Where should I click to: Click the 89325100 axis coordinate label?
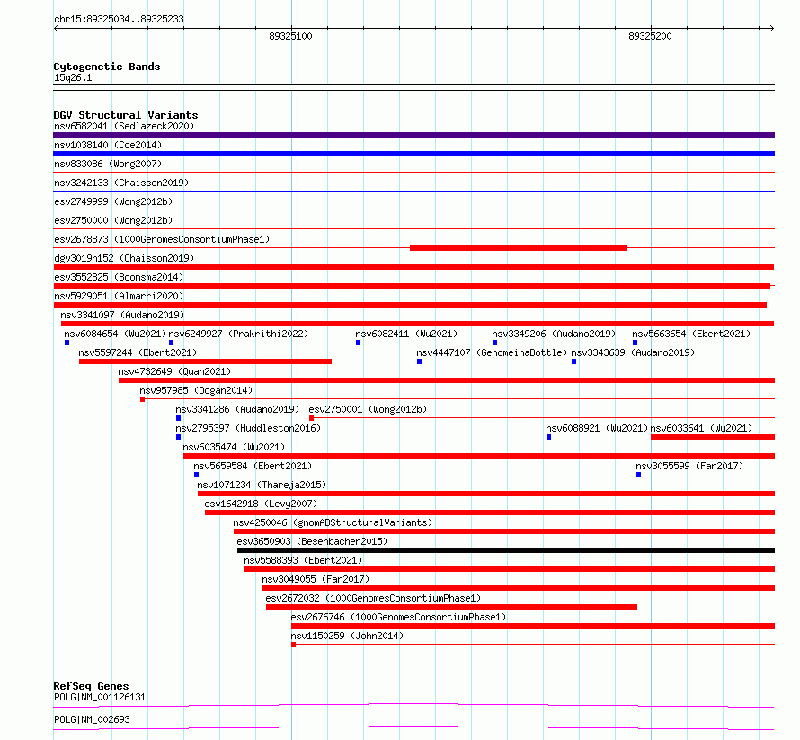pyautogui.click(x=290, y=36)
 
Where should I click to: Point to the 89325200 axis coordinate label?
pyautogui.click(x=650, y=36)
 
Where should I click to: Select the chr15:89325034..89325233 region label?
pyautogui.click(x=119, y=20)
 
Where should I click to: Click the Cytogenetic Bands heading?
pyautogui.click(x=107, y=67)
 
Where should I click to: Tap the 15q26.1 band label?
pyautogui.click(x=73, y=77)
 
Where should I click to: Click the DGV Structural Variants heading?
pyautogui.click(x=126, y=115)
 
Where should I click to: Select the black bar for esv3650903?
pyautogui.click(x=506, y=550)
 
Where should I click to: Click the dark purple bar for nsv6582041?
pyautogui.click(x=413, y=135)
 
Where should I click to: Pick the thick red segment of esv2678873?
pyautogui.click(x=518, y=248)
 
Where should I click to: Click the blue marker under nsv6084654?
pyautogui.click(x=67, y=343)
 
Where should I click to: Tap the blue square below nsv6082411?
pyautogui.click(x=358, y=343)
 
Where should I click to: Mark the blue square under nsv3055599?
pyautogui.click(x=638, y=475)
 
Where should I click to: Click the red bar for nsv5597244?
pyautogui.click(x=205, y=361)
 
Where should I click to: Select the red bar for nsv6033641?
pyautogui.click(x=713, y=437)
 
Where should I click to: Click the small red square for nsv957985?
pyautogui.click(x=142, y=399)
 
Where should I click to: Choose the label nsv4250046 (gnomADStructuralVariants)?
pyautogui.click(x=333, y=522)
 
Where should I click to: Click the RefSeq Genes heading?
pyautogui.click(x=92, y=686)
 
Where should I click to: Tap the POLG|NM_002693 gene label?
pyautogui.click(x=92, y=719)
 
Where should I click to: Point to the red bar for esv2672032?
pyautogui.click(x=451, y=607)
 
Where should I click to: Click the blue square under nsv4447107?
pyautogui.click(x=420, y=361)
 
